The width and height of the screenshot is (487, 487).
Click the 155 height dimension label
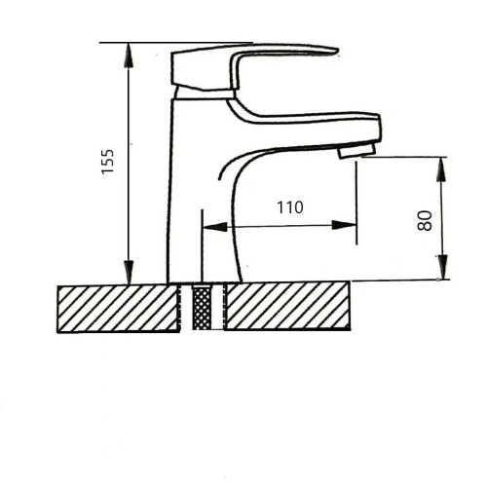pyautogui.click(x=108, y=162)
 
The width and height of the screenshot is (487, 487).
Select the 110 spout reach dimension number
pyautogui.click(x=290, y=207)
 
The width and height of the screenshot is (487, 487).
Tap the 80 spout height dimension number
pyautogui.click(x=425, y=221)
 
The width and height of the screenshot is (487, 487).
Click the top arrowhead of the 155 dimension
pyautogui.click(x=129, y=56)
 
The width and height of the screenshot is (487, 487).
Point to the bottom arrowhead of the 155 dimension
pyautogui.click(x=129, y=272)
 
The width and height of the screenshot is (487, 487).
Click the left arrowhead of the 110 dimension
pyautogui.click(x=214, y=227)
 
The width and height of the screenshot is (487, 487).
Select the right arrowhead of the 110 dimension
pyautogui.click(x=344, y=225)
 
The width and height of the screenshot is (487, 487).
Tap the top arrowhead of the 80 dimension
pyautogui.click(x=441, y=169)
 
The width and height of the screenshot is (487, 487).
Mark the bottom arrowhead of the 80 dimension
pyautogui.click(x=442, y=267)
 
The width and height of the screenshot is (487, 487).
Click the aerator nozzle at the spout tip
pyautogui.click(x=356, y=151)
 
